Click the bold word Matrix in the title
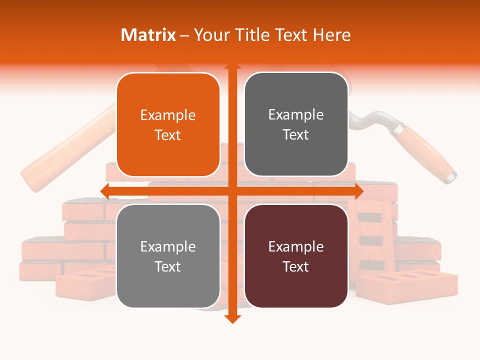(148, 35)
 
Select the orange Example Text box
(168, 125)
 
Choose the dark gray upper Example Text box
(296, 124)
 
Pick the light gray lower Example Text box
(168, 256)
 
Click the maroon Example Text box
(296, 256)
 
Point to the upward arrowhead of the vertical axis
(232, 67)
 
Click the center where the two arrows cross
(232, 191)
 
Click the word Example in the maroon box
(296, 246)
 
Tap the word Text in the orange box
(168, 135)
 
